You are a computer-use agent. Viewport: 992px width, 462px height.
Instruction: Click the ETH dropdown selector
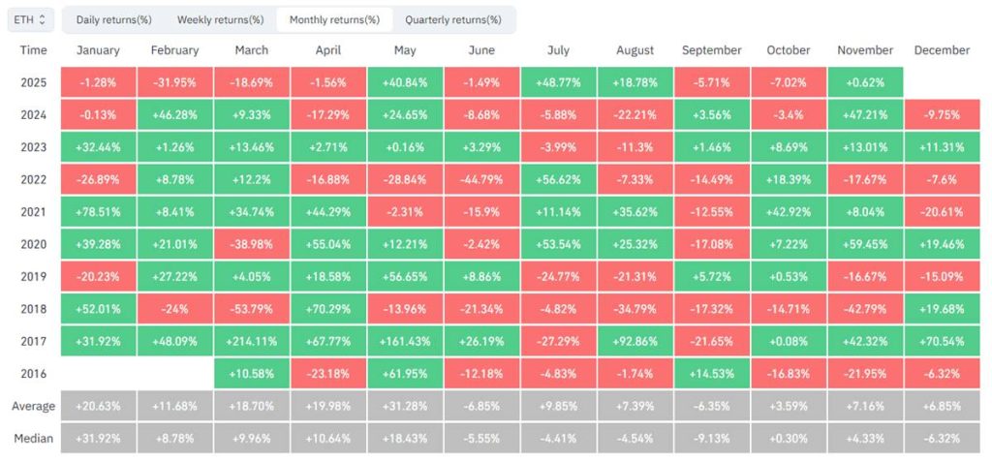pos(30,19)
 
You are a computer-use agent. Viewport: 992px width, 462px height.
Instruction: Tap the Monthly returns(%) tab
pos(334,19)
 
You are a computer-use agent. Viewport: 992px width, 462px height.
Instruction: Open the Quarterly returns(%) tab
pos(453,19)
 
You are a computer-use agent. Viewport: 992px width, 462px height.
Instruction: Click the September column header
pos(711,50)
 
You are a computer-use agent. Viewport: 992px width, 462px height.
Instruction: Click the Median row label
pos(33,437)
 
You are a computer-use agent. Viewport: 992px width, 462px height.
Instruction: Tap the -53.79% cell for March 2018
pos(252,308)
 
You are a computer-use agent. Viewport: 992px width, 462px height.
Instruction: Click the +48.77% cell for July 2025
pos(558,82)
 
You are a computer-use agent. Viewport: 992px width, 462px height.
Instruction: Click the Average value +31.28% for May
pos(405,406)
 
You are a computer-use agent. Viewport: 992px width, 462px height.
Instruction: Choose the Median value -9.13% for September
pos(711,437)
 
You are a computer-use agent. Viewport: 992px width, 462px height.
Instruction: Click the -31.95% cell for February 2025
pos(175,82)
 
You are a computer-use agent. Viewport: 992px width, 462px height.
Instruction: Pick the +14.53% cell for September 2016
pos(711,372)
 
